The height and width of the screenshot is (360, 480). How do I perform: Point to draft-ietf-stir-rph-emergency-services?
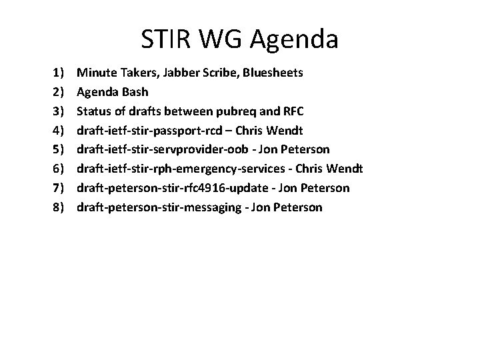pyautogui.click(x=183, y=168)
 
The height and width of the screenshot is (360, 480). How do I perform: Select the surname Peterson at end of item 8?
pyautogui.click(x=297, y=207)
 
